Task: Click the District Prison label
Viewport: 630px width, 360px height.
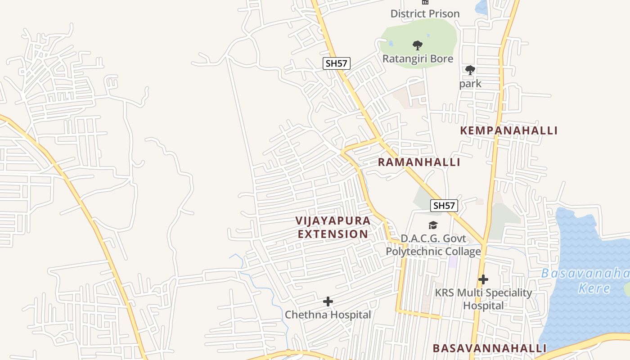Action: point(425,13)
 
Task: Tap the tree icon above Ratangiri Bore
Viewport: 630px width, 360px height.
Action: point(418,45)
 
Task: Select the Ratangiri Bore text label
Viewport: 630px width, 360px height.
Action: point(418,58)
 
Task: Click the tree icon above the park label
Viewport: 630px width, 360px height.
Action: point(470,70)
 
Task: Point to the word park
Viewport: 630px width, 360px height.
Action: point(470,84)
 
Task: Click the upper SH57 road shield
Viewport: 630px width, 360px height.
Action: point(336,63)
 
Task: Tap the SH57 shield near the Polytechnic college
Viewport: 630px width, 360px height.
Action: point(444,206)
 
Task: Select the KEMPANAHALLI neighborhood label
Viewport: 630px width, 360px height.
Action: point(508,130)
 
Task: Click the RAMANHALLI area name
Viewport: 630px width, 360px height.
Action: point(419,162)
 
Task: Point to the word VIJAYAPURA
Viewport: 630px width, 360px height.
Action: point(333,220)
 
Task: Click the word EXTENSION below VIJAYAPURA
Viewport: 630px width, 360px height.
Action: point(333,234)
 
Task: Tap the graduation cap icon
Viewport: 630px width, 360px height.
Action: point(433,225)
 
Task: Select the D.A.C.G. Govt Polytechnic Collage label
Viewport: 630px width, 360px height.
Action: point(433,245)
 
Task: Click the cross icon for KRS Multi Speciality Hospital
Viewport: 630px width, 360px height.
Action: point(483,279)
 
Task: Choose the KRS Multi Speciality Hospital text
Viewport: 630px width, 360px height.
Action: point(483,299)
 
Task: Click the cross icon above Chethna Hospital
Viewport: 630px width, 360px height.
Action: point(328,301)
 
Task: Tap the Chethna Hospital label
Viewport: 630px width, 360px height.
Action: point(328,315)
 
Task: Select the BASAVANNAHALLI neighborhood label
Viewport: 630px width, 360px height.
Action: point(490,348)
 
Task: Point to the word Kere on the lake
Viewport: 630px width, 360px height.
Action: point(594,288)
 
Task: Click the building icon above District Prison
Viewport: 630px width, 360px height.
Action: point(425,2)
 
